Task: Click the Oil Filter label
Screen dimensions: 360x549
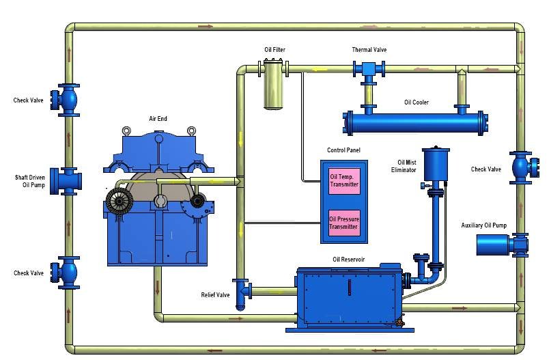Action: (274, 50)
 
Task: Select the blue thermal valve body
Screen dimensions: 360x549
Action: (369, 70)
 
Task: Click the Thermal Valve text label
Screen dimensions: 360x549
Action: (369, 50)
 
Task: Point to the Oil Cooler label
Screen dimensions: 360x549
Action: (416, 102)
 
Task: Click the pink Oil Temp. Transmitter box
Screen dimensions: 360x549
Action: (344, 180)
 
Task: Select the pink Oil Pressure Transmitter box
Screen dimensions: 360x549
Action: (344, 223)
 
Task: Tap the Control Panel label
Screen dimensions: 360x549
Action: (344, 150)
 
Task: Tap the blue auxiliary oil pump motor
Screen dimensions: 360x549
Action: (493, 244)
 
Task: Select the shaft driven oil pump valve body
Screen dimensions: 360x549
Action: (69, 180)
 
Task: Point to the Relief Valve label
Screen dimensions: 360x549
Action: (215, 295)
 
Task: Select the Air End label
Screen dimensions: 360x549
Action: (158, 118)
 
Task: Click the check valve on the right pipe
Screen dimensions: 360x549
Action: (522, 167)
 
